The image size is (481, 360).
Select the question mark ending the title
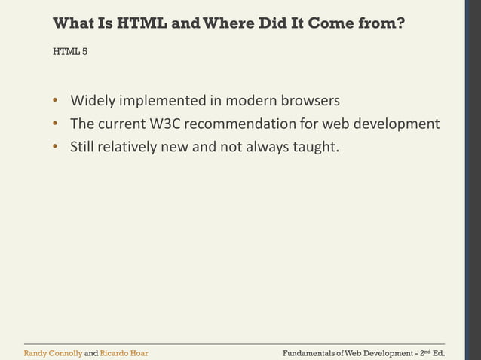coord(400,23)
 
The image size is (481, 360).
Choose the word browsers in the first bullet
coord(311,100)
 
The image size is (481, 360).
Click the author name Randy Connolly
coord(52,352)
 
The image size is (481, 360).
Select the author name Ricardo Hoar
coord(124,352)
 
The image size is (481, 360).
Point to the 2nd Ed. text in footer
coord(429,352)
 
